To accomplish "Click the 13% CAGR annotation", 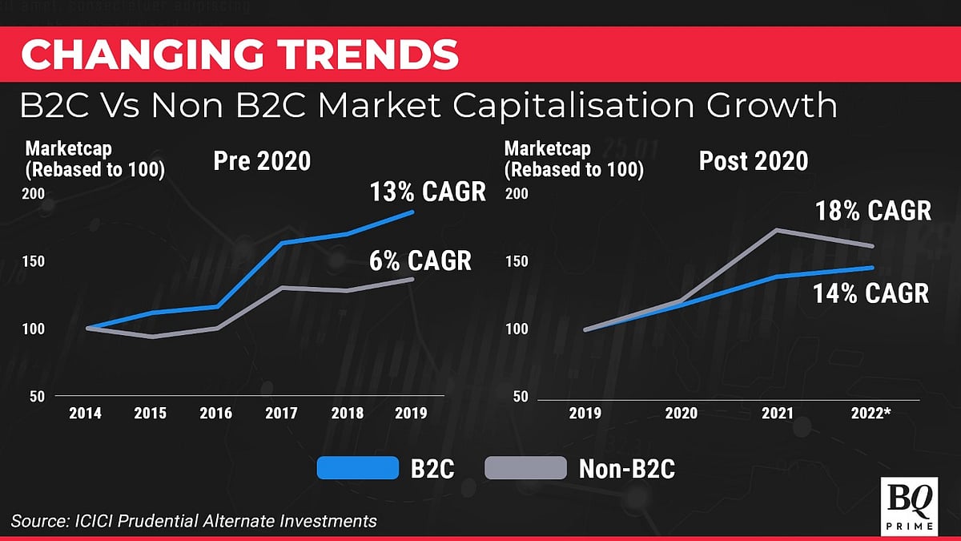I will [x=428, y=192].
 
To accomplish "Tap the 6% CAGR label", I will [x=420, y=260].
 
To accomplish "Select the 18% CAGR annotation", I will [x=873, y=211].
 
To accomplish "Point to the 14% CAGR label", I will [x=871, y=293].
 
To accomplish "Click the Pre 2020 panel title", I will [x=261, y=161].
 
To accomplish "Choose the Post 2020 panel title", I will [x=753, y=161].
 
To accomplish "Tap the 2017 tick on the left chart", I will [x=282, y=414].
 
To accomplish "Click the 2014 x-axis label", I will [x=85, y=414].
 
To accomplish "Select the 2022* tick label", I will [x=871, y=414].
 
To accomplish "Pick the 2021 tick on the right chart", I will [x=777, y=414].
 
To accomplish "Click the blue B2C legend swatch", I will [x=358, y=468].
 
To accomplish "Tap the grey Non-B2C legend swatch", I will [x=525, y=468].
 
